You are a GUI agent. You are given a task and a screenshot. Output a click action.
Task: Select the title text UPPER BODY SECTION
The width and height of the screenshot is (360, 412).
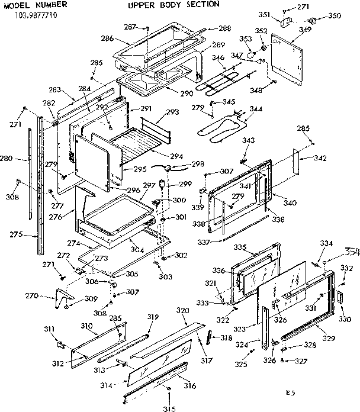pyautogui.click(x=173, y=4)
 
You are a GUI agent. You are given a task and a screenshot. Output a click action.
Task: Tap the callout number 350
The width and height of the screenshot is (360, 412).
pyautogui.click(x=335, y=16)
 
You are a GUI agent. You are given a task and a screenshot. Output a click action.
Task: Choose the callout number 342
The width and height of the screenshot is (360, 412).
pyautogui.click(x=320, y=158)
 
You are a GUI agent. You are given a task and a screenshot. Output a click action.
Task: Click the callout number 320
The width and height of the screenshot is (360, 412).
pyautogui.click(x=182, y=311)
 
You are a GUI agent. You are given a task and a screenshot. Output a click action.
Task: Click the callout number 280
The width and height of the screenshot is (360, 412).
pyautogui.click(x=22, y=159)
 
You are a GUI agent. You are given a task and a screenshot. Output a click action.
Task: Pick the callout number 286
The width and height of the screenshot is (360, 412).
pyautogui.click(x=107, y=38)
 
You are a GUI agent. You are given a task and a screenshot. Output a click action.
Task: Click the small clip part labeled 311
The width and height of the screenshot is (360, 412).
pyautogui.click(x=60, y=343)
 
